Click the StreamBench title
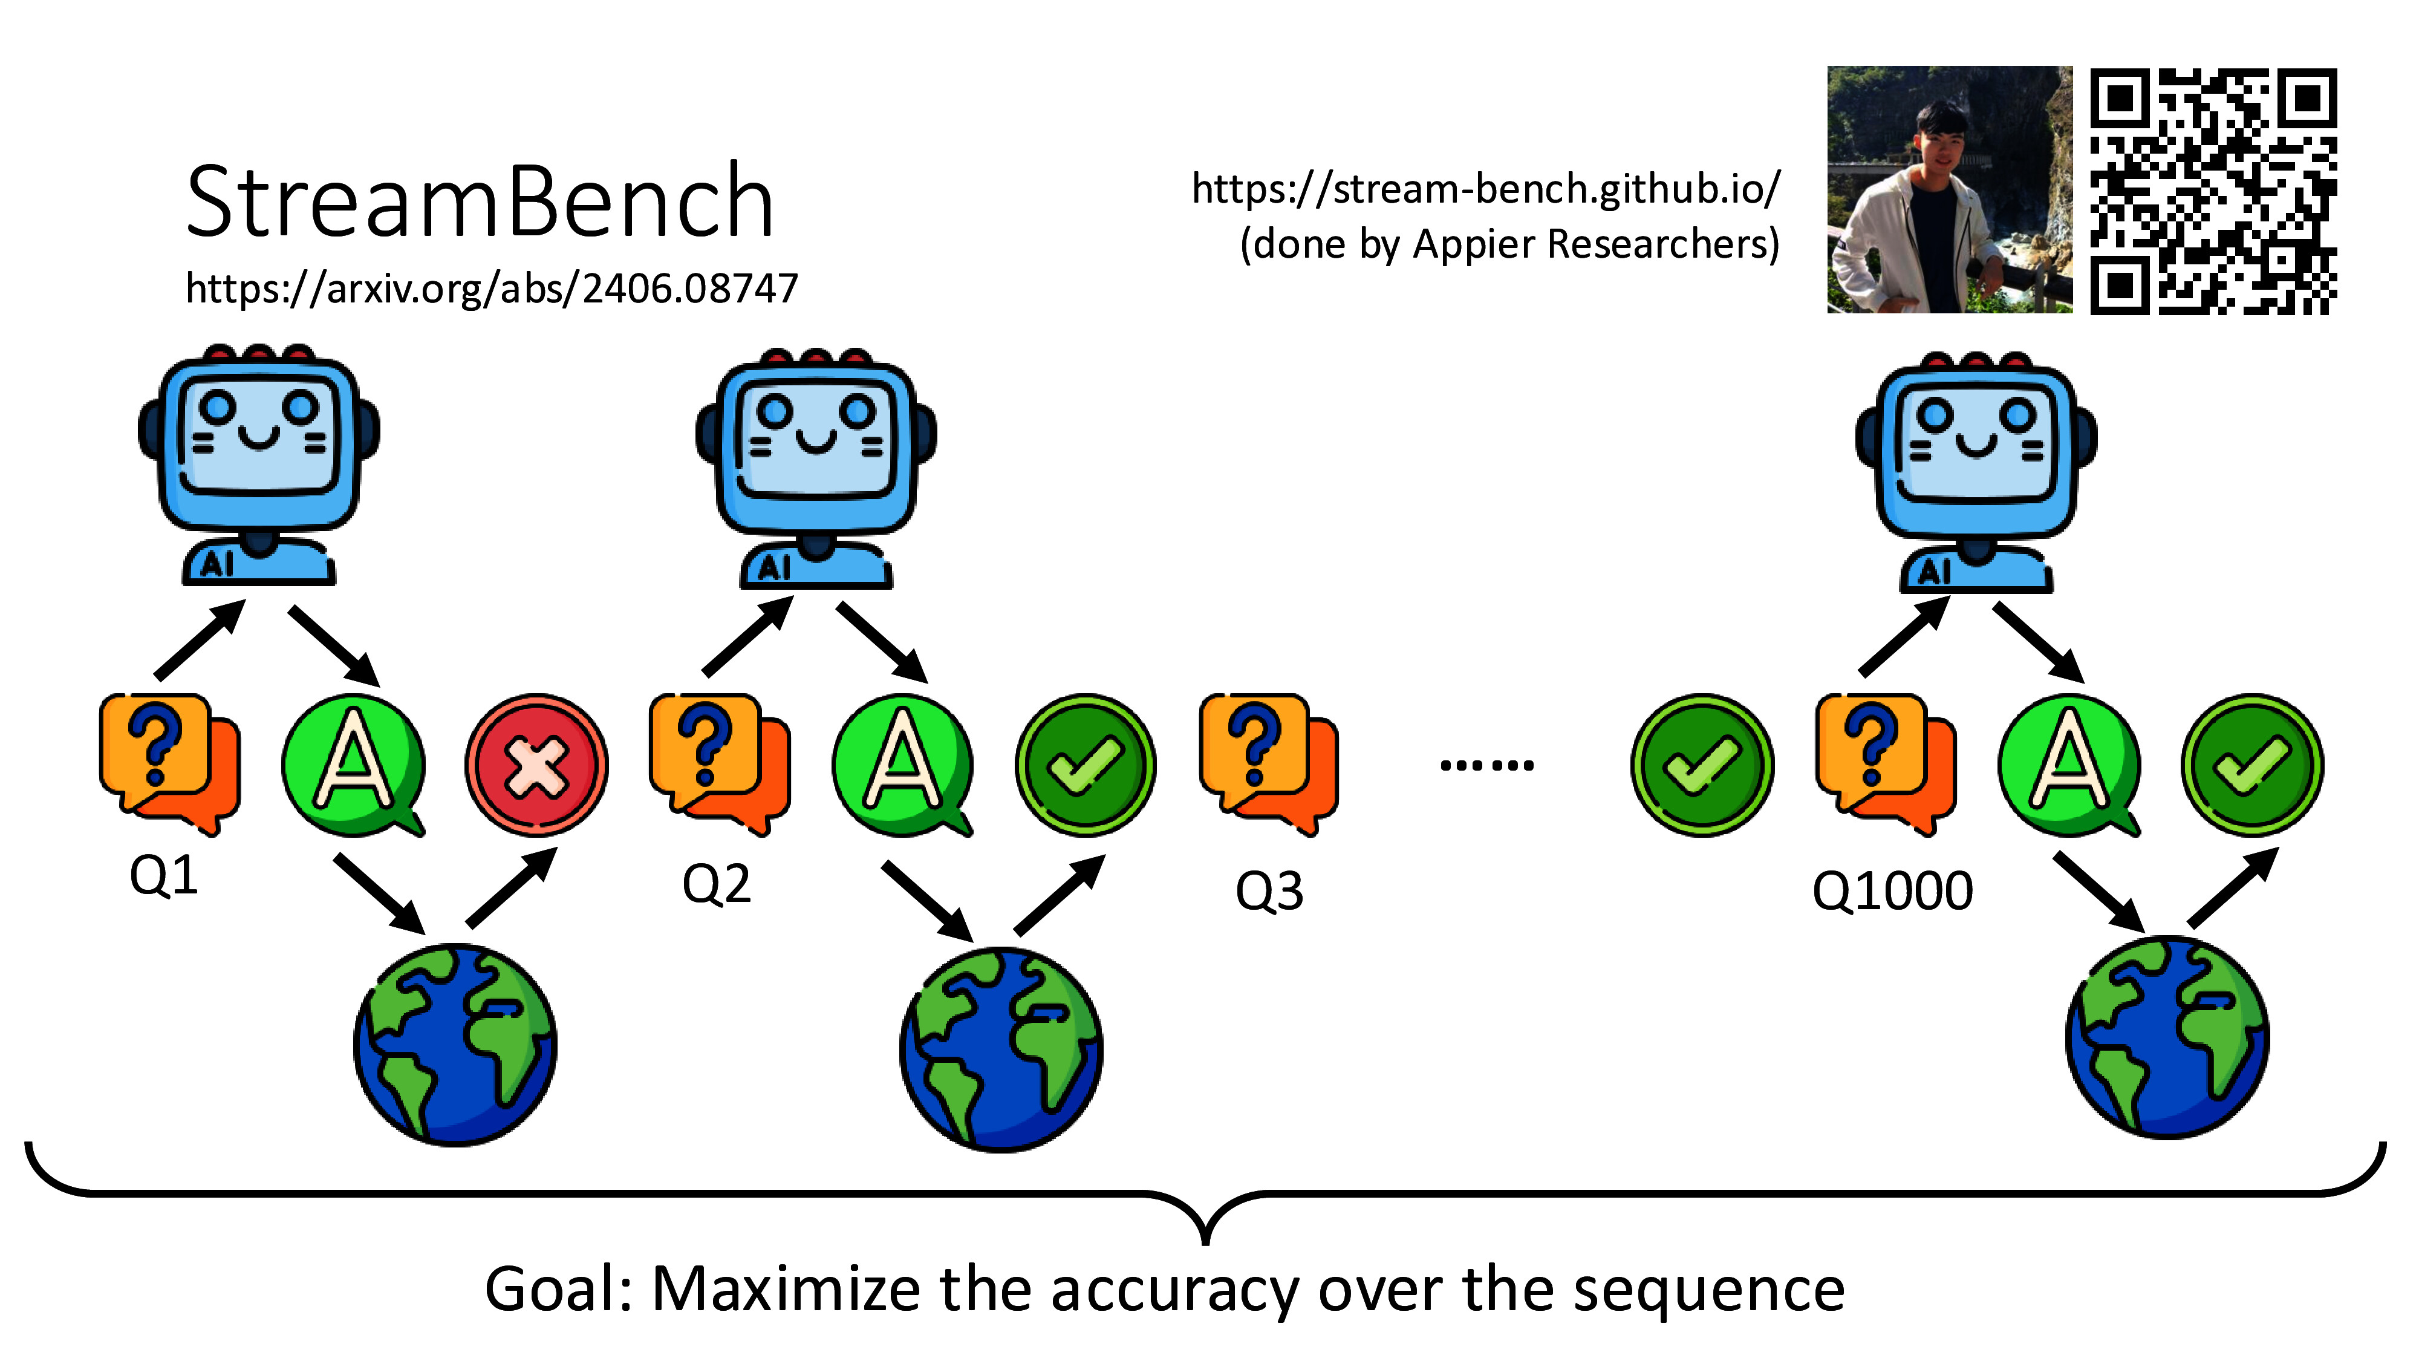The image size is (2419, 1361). (x=480, y=202)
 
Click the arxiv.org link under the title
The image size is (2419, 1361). (x=491, y=289)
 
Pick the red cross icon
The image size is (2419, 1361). (x=536, y=766)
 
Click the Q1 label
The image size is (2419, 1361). (x=163, y=876)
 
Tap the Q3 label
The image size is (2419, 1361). (x=1269, y=890)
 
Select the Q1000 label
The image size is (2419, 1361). (x=1892, y=890)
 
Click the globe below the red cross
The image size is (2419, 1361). (x=455, y=1045)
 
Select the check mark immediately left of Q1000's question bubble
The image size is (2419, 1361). (x=1702, y=766)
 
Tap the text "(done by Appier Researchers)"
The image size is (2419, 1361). (x=1509, y=244)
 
